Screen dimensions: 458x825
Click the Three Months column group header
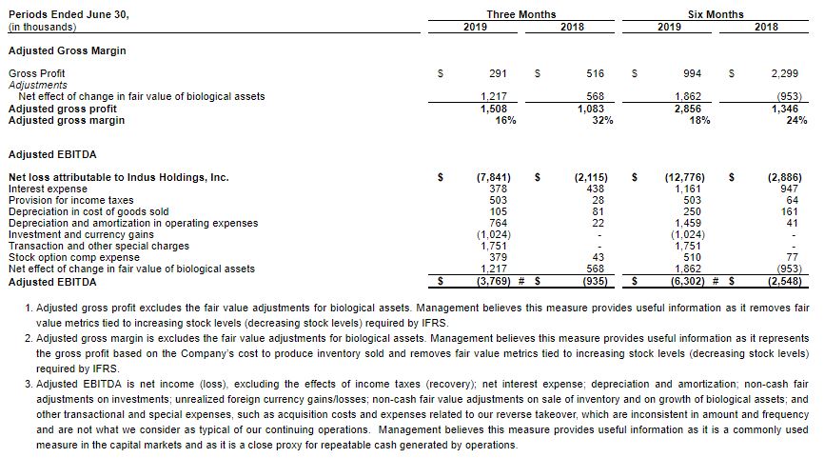[521, 14]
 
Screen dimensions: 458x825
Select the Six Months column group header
[716, 14]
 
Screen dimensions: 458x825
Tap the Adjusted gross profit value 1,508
[493, 109]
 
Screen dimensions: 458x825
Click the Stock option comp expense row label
[73, 257]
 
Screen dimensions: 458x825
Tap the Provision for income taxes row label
[70, 200]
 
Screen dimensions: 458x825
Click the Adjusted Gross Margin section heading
[67, 50]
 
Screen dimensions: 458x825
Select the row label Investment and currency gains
[80, 234]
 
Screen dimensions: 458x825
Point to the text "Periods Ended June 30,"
[68, 14]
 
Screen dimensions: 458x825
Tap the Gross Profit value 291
[497, 72]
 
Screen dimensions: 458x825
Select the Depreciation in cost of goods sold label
[88, 211]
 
